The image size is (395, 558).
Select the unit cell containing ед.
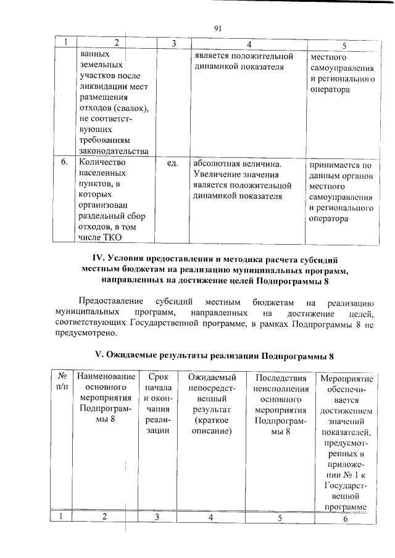[173, 163]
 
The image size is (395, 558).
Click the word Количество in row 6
[102, 163]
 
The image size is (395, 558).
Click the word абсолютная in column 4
[220, 163]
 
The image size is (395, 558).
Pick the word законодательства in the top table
[114, 150]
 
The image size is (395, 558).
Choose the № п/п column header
[62, 382]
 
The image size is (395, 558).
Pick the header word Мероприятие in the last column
[346, 377]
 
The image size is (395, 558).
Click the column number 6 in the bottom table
[346, 518]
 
